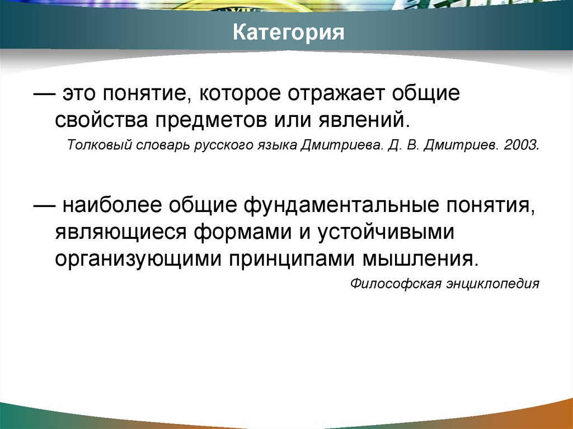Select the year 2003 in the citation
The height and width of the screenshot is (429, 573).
(x=522, y=147)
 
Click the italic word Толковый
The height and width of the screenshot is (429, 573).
(x=99, y=147)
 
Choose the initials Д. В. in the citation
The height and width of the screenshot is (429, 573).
(x=403, y=147)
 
